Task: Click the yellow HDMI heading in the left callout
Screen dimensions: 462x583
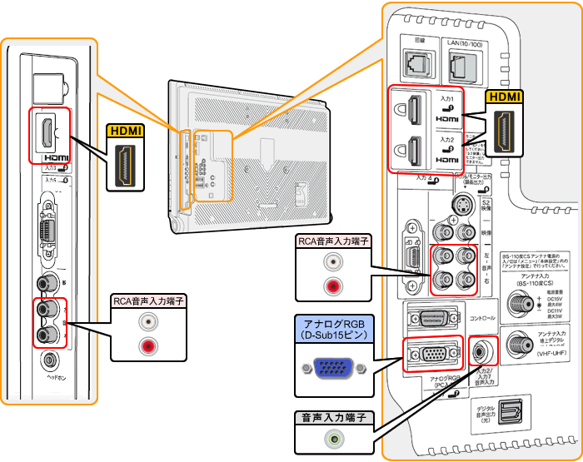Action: click(126, 132)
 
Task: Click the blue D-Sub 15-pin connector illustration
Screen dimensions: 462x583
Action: click(331, 367)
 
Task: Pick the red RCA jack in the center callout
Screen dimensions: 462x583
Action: click(333, 288)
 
